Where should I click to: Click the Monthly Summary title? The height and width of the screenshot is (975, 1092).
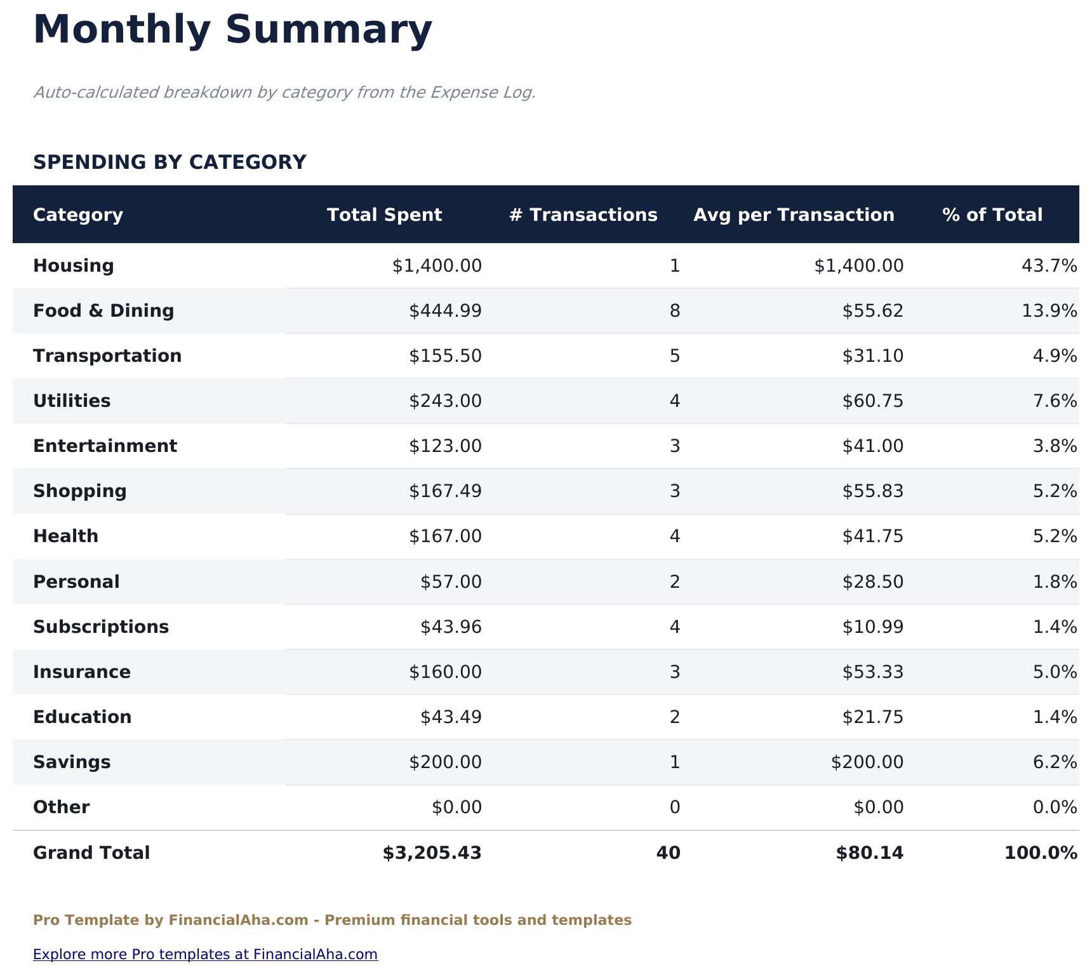point(232,30)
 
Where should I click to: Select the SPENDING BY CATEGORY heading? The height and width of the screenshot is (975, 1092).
point(170,162)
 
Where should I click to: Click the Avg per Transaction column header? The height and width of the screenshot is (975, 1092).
point(794,215)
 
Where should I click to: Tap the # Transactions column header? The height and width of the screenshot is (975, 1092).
point(583,215)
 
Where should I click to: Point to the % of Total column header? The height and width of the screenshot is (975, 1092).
point(992,215)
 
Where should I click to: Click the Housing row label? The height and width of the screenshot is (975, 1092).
point(74,266)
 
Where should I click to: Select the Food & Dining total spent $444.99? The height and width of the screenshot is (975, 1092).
point(445,311)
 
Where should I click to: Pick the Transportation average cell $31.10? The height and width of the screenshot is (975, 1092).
point(872,356)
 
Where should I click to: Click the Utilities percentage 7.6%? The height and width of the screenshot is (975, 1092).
point(1055,401)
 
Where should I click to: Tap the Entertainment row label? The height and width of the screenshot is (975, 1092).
point(105,446)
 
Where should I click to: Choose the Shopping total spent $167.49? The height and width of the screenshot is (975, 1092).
point(445,491)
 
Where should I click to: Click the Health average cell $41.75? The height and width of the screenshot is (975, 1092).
point(872,536)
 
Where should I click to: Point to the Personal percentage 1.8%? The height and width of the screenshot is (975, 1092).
point(1055,582)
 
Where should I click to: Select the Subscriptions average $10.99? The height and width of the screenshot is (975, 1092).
point(872,627)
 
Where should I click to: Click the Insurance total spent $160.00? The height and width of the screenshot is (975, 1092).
point(445,672)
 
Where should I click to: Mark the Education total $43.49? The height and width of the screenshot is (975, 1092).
point(451,717)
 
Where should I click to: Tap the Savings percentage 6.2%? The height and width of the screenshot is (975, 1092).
point(1055,762)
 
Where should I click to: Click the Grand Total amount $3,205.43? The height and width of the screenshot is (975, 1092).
point(432,853)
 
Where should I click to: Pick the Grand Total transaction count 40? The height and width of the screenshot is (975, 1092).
point(668,853)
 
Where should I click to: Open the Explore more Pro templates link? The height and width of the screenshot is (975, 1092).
point(205,955)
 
